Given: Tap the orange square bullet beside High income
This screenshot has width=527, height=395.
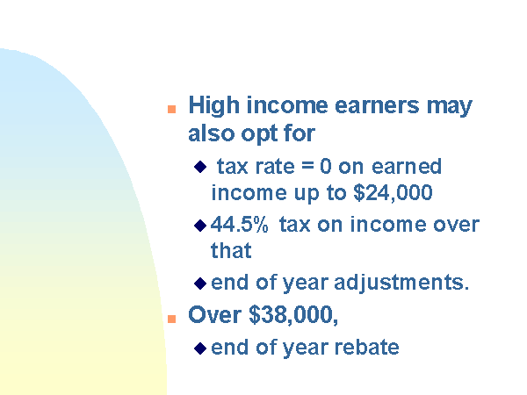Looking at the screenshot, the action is click(172, 110).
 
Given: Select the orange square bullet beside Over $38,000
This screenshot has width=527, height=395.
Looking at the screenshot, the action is click(172, 319).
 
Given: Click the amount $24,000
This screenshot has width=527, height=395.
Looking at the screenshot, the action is click(393, 192).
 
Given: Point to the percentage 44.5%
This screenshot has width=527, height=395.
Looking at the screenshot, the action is click(239, 225).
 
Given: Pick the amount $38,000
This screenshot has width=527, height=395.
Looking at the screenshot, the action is click(293, 315).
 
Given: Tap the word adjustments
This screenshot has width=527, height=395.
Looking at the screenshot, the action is click(401, 283).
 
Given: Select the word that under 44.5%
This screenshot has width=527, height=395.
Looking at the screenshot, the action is click(231, 250).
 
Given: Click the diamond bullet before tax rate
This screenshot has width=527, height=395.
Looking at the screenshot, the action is click(200, 167).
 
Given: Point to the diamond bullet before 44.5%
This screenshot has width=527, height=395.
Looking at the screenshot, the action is click(200, 226).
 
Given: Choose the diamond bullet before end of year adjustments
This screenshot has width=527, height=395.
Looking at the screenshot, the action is click(200, 284).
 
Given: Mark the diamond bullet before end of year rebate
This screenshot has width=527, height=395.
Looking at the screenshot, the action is click(200, 348).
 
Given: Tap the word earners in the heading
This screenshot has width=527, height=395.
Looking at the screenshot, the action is click(377, 105).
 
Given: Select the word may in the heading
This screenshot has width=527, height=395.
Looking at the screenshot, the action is click(450, 107).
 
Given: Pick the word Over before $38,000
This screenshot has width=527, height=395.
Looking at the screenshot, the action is click(215, 315).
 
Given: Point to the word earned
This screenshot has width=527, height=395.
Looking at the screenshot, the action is click(407, 166).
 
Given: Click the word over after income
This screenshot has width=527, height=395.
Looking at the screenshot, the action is click(457, 225).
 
